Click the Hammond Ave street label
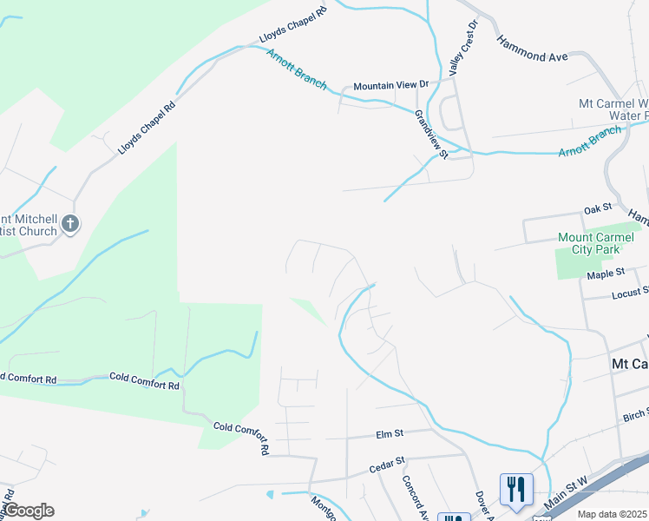[532, 49]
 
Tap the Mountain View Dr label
[391, 86]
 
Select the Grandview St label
[430, 134]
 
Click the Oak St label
[598, 208]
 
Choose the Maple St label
[606, 274]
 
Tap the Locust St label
[631, 293]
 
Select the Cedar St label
[387, 466]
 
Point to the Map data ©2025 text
[612, 514]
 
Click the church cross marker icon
[70, 225]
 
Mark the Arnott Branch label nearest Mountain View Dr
[297, 69]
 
